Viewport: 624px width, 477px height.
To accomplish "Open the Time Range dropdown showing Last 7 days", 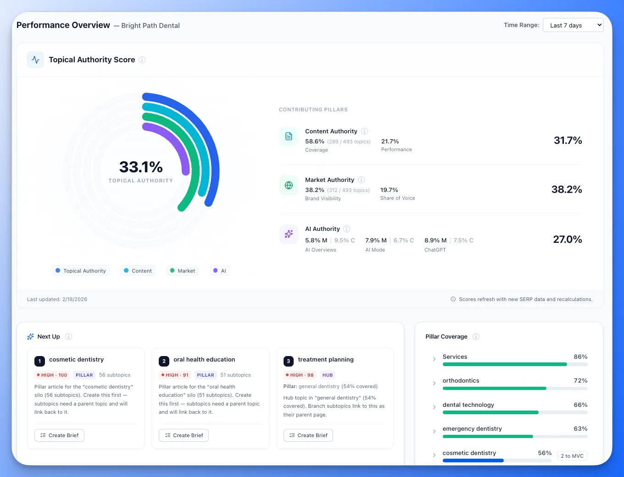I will click(x=573, y=25).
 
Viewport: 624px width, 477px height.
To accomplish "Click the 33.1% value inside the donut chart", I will click(x=141, y=167).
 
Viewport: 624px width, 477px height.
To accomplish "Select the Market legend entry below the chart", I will click(x=183, y=271).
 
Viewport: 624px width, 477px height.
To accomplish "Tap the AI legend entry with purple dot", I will click(x=219, y=271).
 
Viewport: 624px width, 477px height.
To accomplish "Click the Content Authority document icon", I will click(x=289, y=136).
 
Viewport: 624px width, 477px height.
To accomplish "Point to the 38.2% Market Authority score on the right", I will click(x=566, y=189).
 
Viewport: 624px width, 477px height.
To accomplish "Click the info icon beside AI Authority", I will click(x=347, y=229).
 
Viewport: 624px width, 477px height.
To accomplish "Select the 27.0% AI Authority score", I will click(x=567, y=239).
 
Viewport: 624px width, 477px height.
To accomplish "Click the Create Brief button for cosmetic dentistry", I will click(x=59, y=435).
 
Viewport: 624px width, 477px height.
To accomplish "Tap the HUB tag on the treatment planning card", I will click(x=327, y=375).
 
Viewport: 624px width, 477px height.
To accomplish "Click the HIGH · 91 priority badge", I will click(x=174, y=375).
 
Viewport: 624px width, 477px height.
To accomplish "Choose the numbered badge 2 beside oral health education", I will click(x=164, y=361).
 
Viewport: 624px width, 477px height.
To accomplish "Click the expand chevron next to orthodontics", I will click(x=434, y=383).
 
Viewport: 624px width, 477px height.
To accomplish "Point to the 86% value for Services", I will click(x=580, y=356).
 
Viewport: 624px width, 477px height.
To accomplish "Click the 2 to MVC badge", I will click(x=572, y=455).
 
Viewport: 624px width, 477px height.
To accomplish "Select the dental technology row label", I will click(x=468, y=405).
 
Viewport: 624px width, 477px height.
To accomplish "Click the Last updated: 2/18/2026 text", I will click(x=57, y=299).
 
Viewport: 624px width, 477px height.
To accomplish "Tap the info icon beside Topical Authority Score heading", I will click(x=142, y=60).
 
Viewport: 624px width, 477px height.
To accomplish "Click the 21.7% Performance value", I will click(x=390, y=141).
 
